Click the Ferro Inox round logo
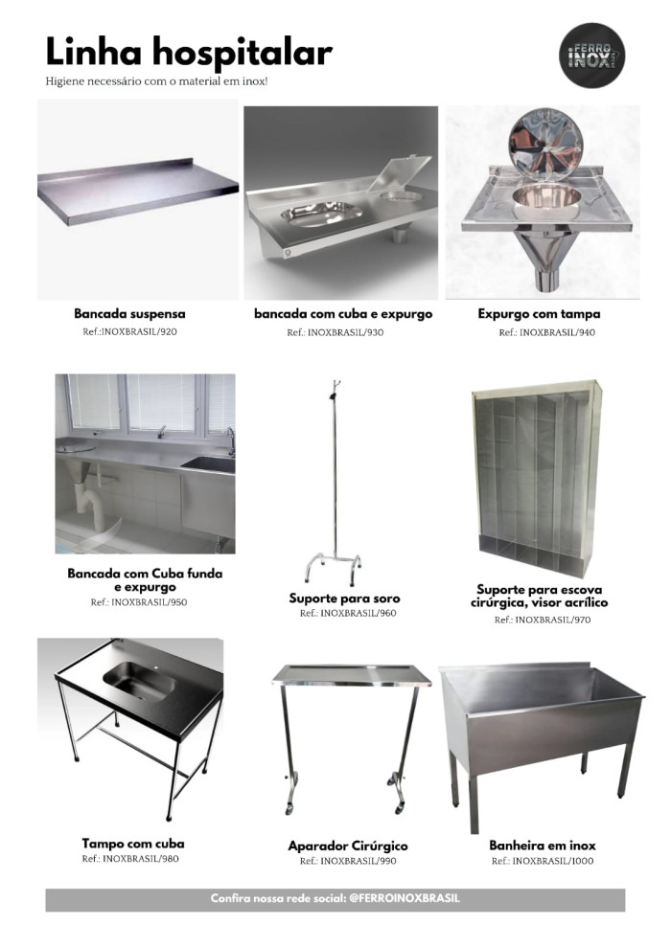(x=591, y=56)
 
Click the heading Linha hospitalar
(x=189, y=52)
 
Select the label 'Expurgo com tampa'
(x=539, y=314)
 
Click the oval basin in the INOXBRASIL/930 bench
(x=321, y=214)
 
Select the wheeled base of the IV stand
(x=333, y=568)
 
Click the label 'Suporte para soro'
(x=344, y=598)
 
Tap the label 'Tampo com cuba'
(x=133, y=844)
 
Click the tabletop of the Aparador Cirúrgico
(x=352, y=675)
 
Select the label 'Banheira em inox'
(x=543, y=846)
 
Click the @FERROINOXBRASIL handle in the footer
(x=405, y=898)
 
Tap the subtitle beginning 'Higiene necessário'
(x=156, y=81)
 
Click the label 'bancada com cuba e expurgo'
(x=343, y=314)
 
